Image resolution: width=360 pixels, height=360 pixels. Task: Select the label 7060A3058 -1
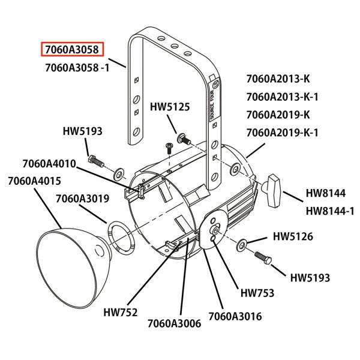pyautogui.click(x=77, y=67)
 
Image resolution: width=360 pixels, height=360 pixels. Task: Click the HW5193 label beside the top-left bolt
pyautogui.click(x=83, y=130)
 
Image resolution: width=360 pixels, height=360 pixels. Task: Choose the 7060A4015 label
pyautogui.click(x=34, y=181)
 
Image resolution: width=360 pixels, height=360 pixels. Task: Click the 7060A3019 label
pyautogui.click(x=82, y=199)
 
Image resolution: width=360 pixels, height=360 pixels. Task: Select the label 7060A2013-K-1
pyautogui.click(x=282, y=96)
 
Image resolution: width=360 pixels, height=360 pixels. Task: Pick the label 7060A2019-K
pyautogui.click(x=278, y=114)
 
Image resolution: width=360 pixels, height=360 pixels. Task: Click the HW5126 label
pyautogui.click(x=293, y=237)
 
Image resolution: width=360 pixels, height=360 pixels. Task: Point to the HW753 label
pyautogui.click(x=257, y=293)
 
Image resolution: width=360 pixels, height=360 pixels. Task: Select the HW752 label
pyautogui.click(x=121, y=312)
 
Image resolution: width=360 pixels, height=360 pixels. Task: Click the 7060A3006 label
pyautogui.click(x=174, y=323)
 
